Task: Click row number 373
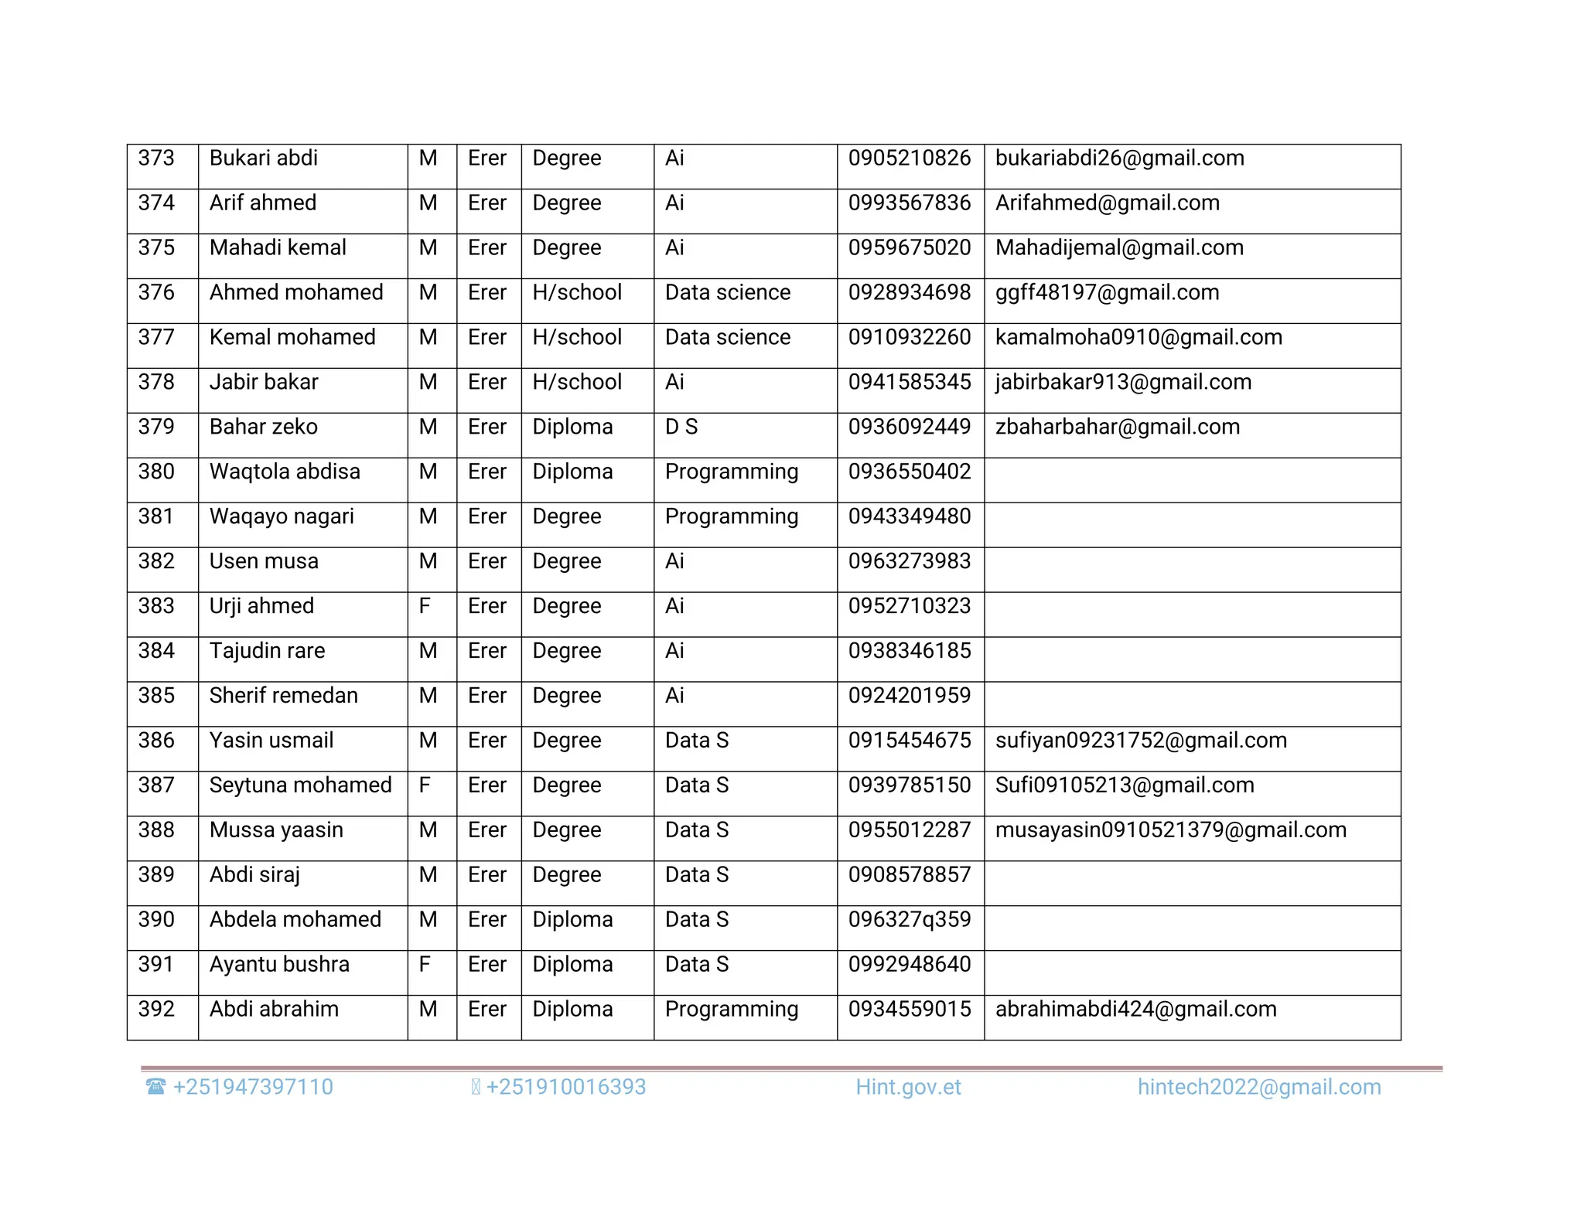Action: click(156, 158)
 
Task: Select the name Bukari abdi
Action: click(263, 158)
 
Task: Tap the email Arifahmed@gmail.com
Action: click(1107, 203)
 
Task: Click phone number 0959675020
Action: click(909, 248)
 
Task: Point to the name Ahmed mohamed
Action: click(296, 293)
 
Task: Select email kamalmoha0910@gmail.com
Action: click(1138, 338)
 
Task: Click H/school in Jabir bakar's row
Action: click(577, 383)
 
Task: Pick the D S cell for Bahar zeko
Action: click(681, 428)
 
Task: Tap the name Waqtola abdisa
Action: click(285, 472)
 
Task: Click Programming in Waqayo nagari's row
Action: click(731, 517)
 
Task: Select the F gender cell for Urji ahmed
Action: click(425, 607)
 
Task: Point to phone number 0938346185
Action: click(909, 652)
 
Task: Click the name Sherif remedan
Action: click(283, 697)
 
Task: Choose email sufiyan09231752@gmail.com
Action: click(1141, 741)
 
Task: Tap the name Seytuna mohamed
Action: click(300, 786)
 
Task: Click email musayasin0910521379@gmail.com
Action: click(1170, 831)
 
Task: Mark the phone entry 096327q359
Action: click(909, 921)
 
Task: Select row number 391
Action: click(156, 966)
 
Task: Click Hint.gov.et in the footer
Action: click(908, 1088)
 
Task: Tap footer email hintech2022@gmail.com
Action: click(1258, 1088)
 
